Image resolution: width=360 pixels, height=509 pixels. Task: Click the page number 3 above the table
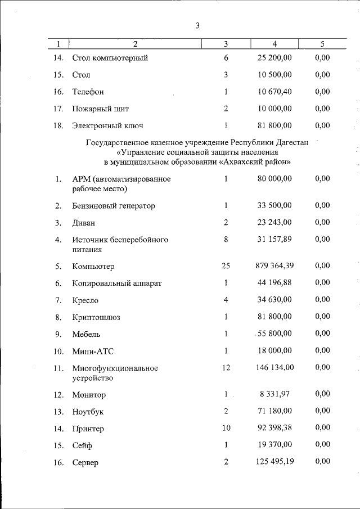197,25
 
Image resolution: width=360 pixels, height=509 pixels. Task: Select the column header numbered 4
274,43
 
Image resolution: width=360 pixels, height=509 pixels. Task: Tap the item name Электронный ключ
111,125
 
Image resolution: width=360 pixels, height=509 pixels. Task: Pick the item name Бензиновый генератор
113,206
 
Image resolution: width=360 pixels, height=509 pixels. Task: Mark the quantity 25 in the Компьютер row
226,265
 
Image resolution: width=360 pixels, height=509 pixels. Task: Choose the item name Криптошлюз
96,317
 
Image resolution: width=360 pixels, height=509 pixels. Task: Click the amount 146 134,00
272,368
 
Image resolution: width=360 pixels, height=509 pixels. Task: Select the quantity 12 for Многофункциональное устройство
226,368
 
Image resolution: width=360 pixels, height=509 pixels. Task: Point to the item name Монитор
89,395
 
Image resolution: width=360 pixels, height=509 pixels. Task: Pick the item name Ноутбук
88,412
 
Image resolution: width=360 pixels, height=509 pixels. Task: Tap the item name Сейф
82,445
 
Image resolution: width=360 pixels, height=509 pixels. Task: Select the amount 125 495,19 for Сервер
272,462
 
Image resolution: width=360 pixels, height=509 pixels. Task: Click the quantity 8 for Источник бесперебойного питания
226,239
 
